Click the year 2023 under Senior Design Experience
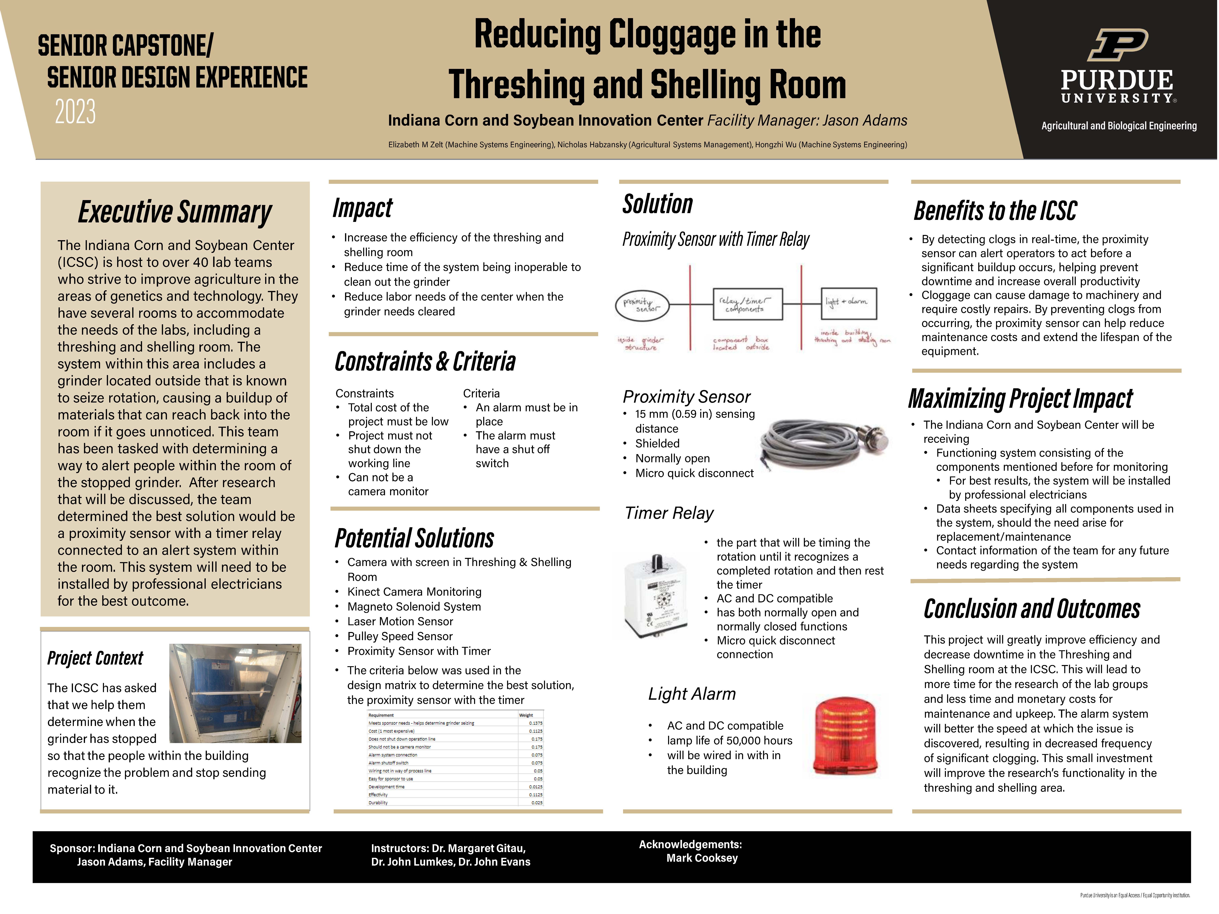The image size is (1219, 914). point(76,112)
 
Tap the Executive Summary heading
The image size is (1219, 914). point(175,212)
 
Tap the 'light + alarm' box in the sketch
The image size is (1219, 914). point(848,302)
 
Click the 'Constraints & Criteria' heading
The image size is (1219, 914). point(425,362)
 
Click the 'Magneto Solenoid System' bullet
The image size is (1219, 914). point(414,607)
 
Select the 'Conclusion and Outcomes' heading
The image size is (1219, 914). point(1032,609)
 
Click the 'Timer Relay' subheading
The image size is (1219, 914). point(669,513)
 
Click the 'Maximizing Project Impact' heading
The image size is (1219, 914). point(1020,398)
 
